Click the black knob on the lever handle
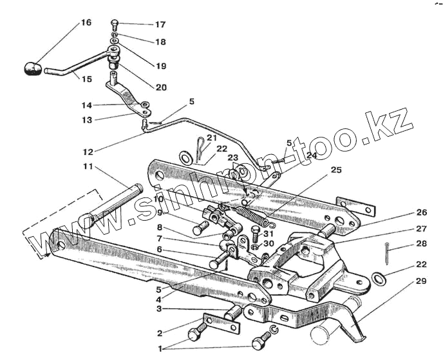tap(32, 68)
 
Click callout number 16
tap(86, 23)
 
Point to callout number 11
tap(88, 166)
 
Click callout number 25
tap(335, 170)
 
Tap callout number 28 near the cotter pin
tap(421, 243)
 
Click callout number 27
tap(421, 228)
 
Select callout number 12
tap(88, 152)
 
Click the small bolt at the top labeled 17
tap(114, 25)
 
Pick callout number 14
tap(88, 105)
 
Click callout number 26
tap(421, 212)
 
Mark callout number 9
tap(160, 213)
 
